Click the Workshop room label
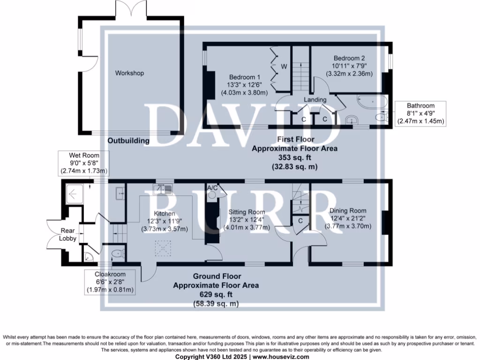click(x=129, y=73)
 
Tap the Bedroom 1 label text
click(x=244, y=77)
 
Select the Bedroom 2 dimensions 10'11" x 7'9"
click(x=349, y=66)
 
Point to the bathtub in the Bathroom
click(x=372, y=101)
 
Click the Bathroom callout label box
click(x=420, y=113)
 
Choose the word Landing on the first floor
click(x=315, y=100)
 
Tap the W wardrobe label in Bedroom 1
click(x=284, y=67)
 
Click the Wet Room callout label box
click(x=82, y=163)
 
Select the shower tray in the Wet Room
click(x=75, y=192)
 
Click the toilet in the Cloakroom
click(x=118, y=255)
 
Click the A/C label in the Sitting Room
click(x=212, y=188)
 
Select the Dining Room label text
click(x=347, y=211)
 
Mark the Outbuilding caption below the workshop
click(x=128, y=141)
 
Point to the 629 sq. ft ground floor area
click(x=216, y=294)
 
